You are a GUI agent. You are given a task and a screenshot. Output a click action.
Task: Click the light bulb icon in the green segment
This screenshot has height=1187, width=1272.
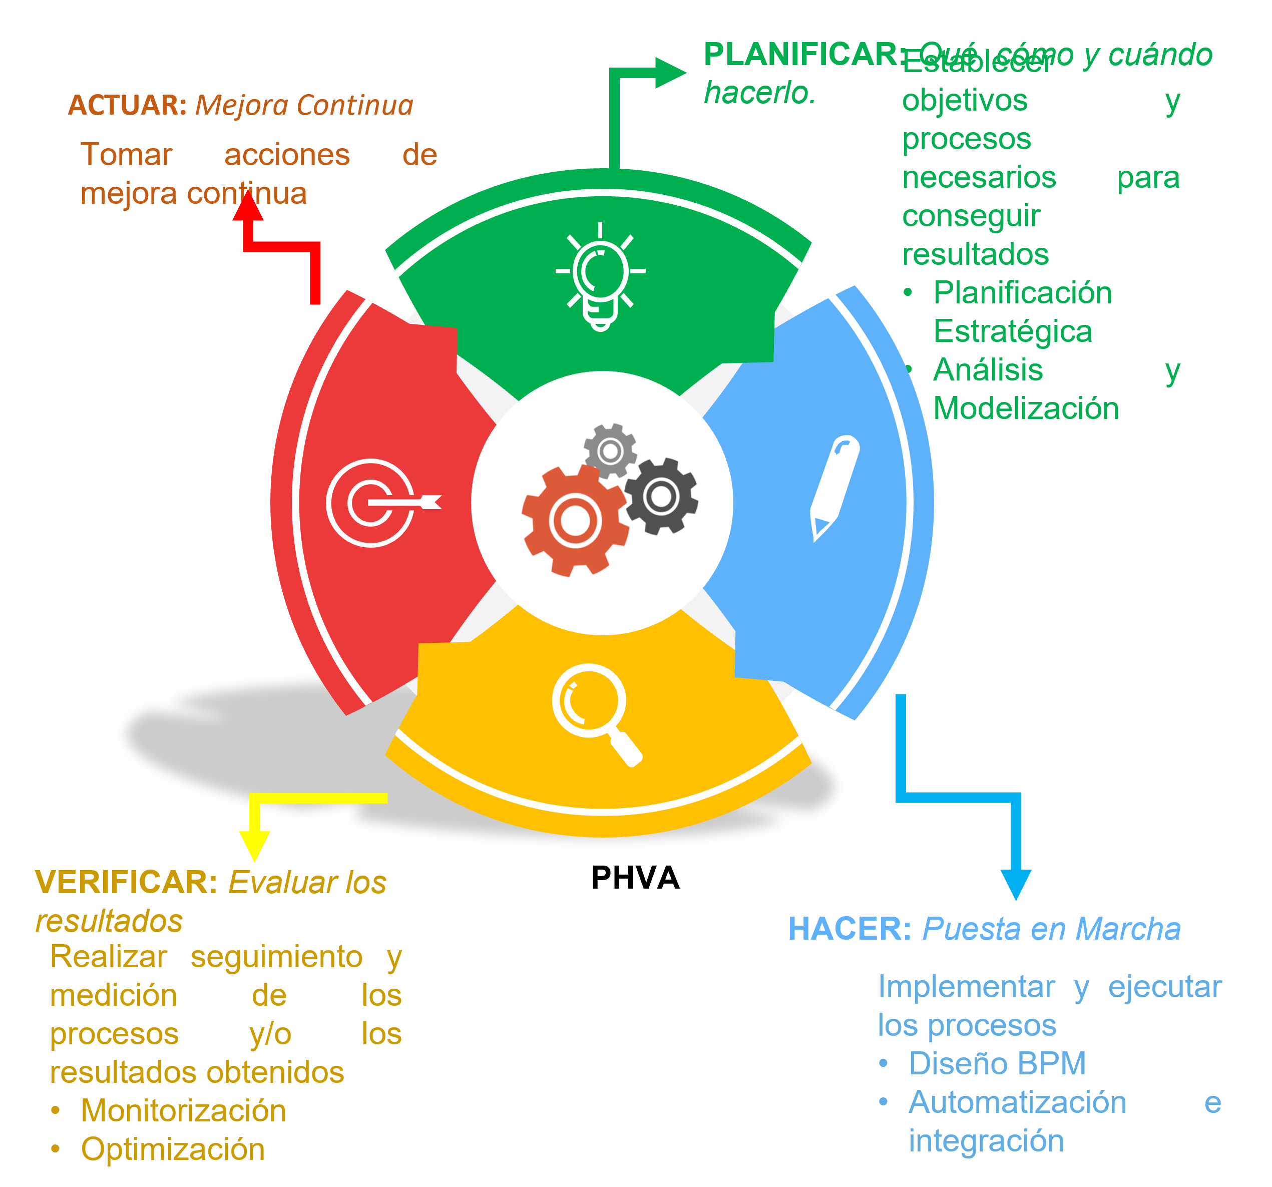600,276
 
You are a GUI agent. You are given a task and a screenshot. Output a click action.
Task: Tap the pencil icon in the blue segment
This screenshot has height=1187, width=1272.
833,488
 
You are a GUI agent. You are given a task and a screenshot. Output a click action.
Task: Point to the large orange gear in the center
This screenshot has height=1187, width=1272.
574,521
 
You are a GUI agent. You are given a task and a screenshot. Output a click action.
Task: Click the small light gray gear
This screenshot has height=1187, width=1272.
610,451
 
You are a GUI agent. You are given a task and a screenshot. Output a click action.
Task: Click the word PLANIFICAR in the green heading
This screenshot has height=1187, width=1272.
800,55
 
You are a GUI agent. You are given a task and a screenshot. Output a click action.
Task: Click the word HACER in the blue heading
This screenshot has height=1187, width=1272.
849,929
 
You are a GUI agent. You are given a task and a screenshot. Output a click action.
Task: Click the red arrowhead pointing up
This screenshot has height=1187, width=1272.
248,206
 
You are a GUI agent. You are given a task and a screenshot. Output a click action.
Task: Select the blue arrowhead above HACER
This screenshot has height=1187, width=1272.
1015,884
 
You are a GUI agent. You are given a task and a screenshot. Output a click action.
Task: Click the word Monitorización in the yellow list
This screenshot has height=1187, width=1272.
183,1111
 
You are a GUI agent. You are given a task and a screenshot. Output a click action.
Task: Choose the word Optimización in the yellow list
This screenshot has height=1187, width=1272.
173,1149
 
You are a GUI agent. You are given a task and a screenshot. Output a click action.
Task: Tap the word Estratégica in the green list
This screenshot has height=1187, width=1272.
1012,331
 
